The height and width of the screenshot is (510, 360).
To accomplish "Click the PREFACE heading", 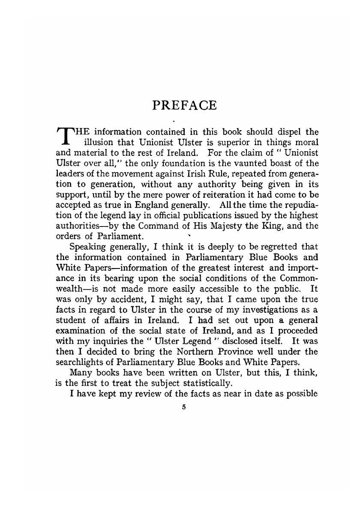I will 185,105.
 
